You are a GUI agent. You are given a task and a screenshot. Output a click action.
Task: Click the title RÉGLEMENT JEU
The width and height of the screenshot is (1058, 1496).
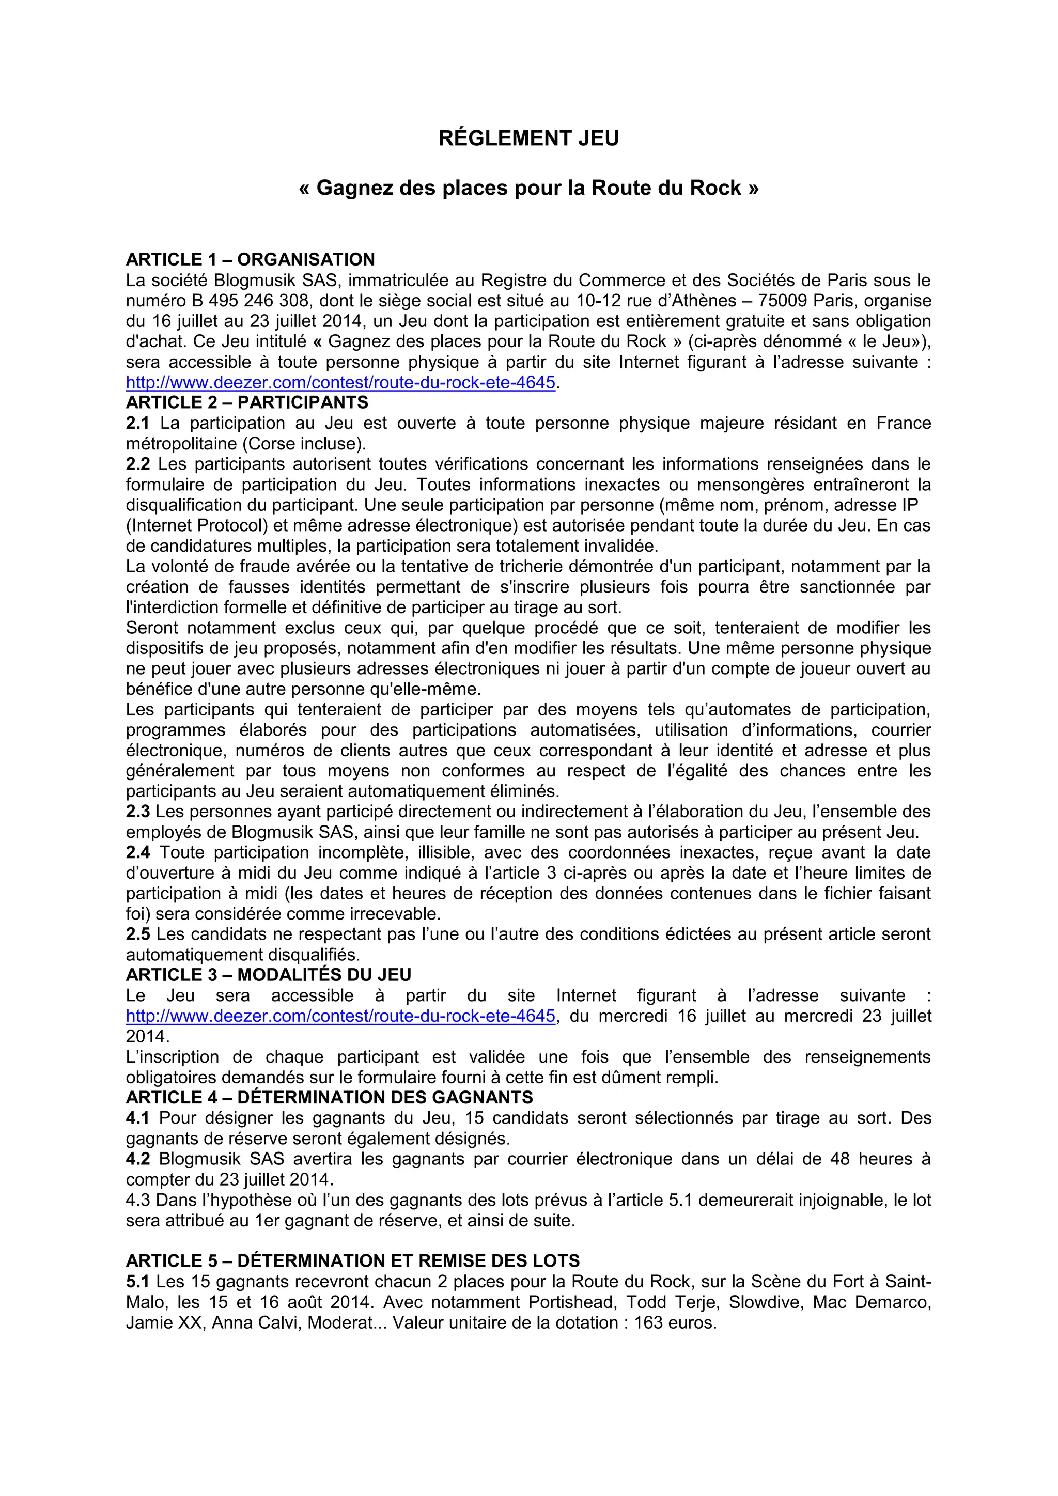pyautogui.click(x=528, y=138)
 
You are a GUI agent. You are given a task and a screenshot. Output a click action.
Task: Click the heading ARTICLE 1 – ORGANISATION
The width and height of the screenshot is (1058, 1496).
pyautogui.click(x=250, y=259)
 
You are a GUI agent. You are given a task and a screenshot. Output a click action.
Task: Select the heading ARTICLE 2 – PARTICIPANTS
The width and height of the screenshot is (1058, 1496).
pyautogui.click(x=247, y=402)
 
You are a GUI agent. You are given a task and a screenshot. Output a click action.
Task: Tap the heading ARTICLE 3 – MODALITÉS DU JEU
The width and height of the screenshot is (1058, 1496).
pyautogui.click(x=269, y=975)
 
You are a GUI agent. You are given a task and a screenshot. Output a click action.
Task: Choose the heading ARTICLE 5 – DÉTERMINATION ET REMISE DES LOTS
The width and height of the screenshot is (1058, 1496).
pyautogui.click(x=352, y=1261)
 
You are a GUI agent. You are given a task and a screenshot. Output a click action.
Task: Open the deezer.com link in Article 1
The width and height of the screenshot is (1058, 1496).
pyautogui.click(x=340, y=382)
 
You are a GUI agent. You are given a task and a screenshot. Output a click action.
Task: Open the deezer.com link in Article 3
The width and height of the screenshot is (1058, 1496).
pyautogui.click(x=340, y=1016)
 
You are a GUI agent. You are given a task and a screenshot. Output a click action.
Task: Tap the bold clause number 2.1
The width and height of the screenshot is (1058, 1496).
pyautogui.click(x=137, y=424)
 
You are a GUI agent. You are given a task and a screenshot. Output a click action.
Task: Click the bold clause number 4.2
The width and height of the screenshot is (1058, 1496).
pyautogui.click(x=137, y=1159)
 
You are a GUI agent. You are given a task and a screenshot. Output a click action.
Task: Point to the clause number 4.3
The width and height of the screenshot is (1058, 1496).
pyautogui.click(x=137, y=1200)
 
